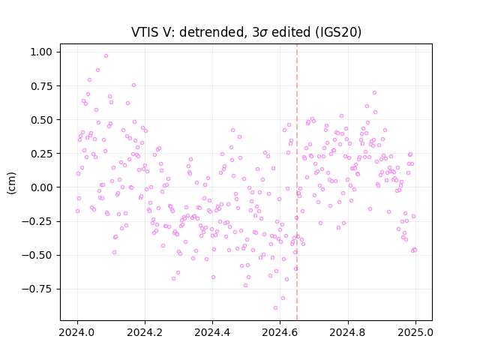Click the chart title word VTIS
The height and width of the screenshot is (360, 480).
tap(143, 31)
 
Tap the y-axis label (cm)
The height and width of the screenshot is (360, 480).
tap(11, 183)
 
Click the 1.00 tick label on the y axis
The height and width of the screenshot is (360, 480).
tap(41, 52)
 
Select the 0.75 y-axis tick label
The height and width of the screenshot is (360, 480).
tap(41, 86)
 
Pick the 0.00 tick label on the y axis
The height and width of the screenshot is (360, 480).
tap(41, 187)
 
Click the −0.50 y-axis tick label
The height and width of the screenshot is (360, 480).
tap(37, 255)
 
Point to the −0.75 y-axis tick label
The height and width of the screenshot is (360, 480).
tap(37, 289)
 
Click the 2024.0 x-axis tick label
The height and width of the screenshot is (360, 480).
tap(76, 332)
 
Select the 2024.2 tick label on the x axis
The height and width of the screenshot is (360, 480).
tap(145, 332)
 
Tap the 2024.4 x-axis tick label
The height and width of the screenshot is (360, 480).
tap(212, 332)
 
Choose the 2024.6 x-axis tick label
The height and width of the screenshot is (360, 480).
tap(280, 332)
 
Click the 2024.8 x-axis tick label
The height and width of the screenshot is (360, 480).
tap(347, 332)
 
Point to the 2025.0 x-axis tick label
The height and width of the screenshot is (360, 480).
tap(415, 332)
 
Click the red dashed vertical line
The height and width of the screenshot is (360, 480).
tap(297, 182)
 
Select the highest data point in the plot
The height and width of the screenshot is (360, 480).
tap(106, 56)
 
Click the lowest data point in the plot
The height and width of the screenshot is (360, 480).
tap(275, 307)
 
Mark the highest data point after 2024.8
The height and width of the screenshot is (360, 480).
tap(374, 93)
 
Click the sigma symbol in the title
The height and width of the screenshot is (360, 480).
tap(263, 33)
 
